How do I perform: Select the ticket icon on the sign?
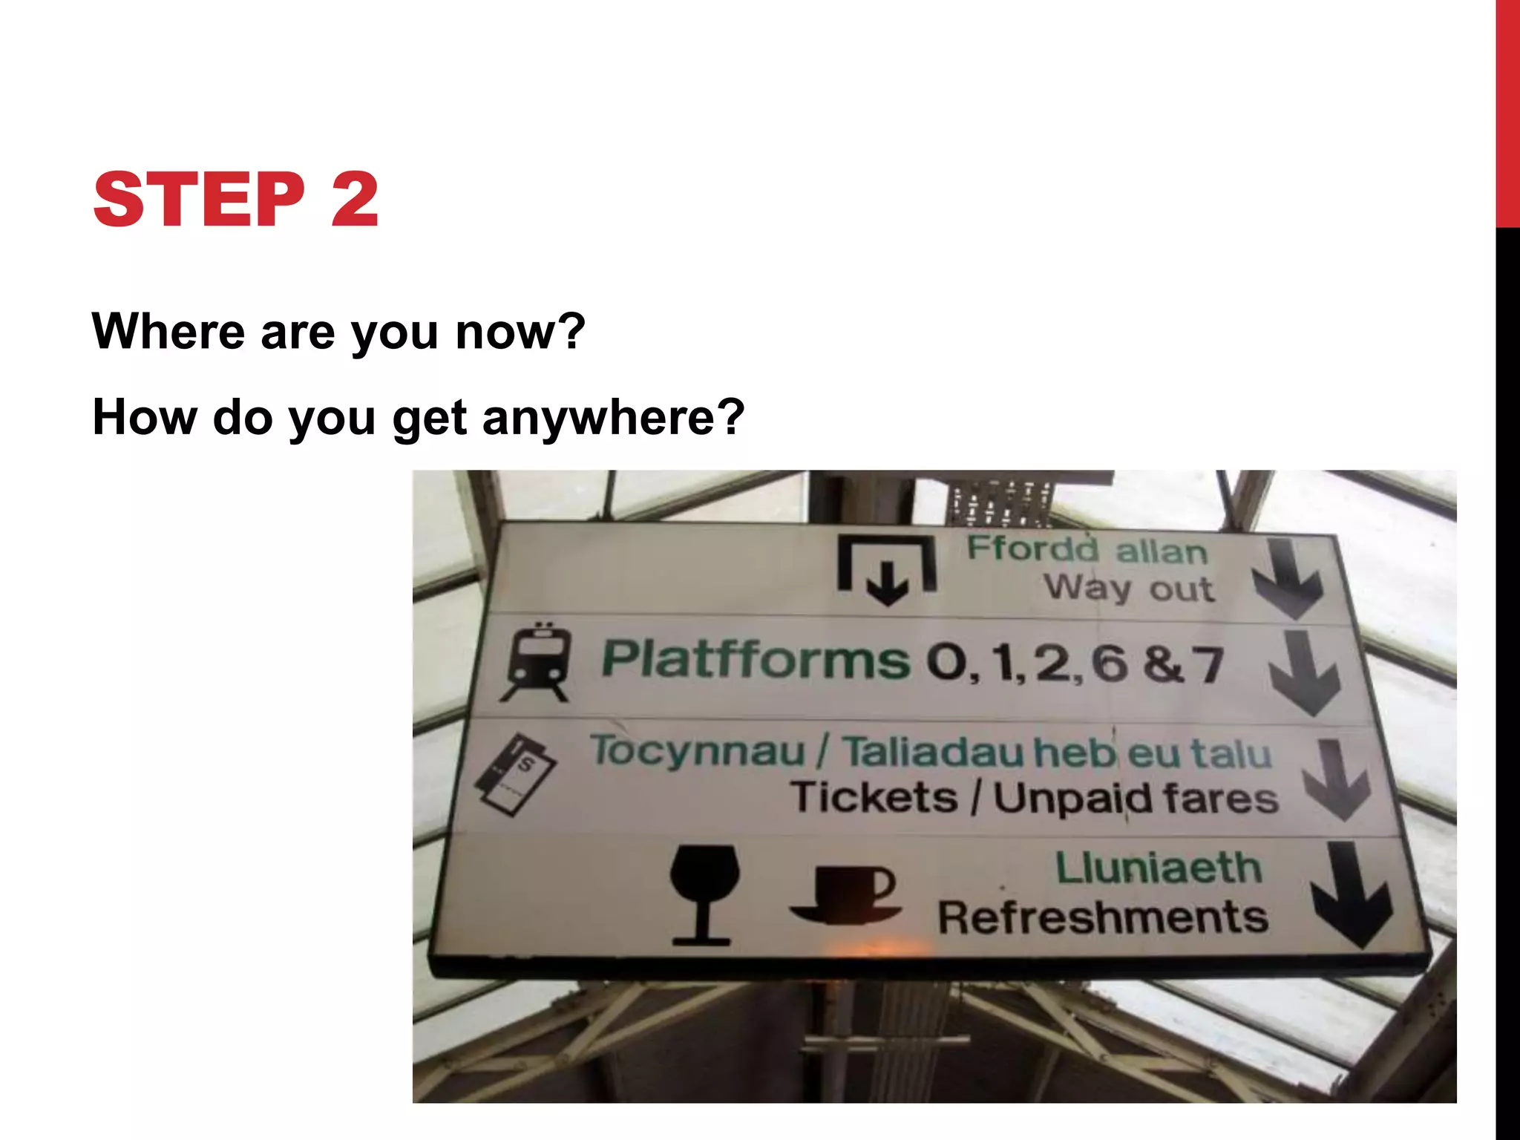coord(514,776)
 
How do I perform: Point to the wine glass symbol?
coord(704,894)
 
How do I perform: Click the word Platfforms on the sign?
coord(755,659)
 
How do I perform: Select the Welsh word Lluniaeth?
coord(1158,868)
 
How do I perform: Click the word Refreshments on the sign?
coord(1103,917)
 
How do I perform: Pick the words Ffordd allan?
coord(1087,550)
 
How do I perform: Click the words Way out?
coord(1129,589)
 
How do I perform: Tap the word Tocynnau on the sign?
coord(698,751)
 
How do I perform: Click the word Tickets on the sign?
coord(874,798)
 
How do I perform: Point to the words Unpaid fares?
coord(1136,800)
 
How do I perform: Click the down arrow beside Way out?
coord(1288,579)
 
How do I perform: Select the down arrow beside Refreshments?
coord(1350,894)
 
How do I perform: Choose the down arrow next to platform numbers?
coord(1304,672)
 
